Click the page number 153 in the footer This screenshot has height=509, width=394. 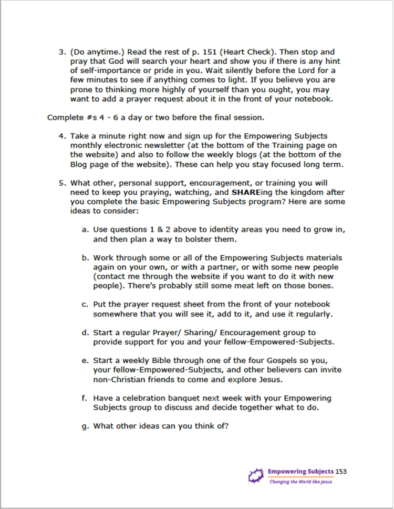341,471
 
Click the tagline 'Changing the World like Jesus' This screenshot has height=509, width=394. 300,482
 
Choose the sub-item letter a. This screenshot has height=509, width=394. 85,230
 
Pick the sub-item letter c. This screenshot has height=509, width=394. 85,305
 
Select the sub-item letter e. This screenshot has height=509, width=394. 85,361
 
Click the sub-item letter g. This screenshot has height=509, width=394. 85,425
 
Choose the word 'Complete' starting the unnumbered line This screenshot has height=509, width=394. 64,117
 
